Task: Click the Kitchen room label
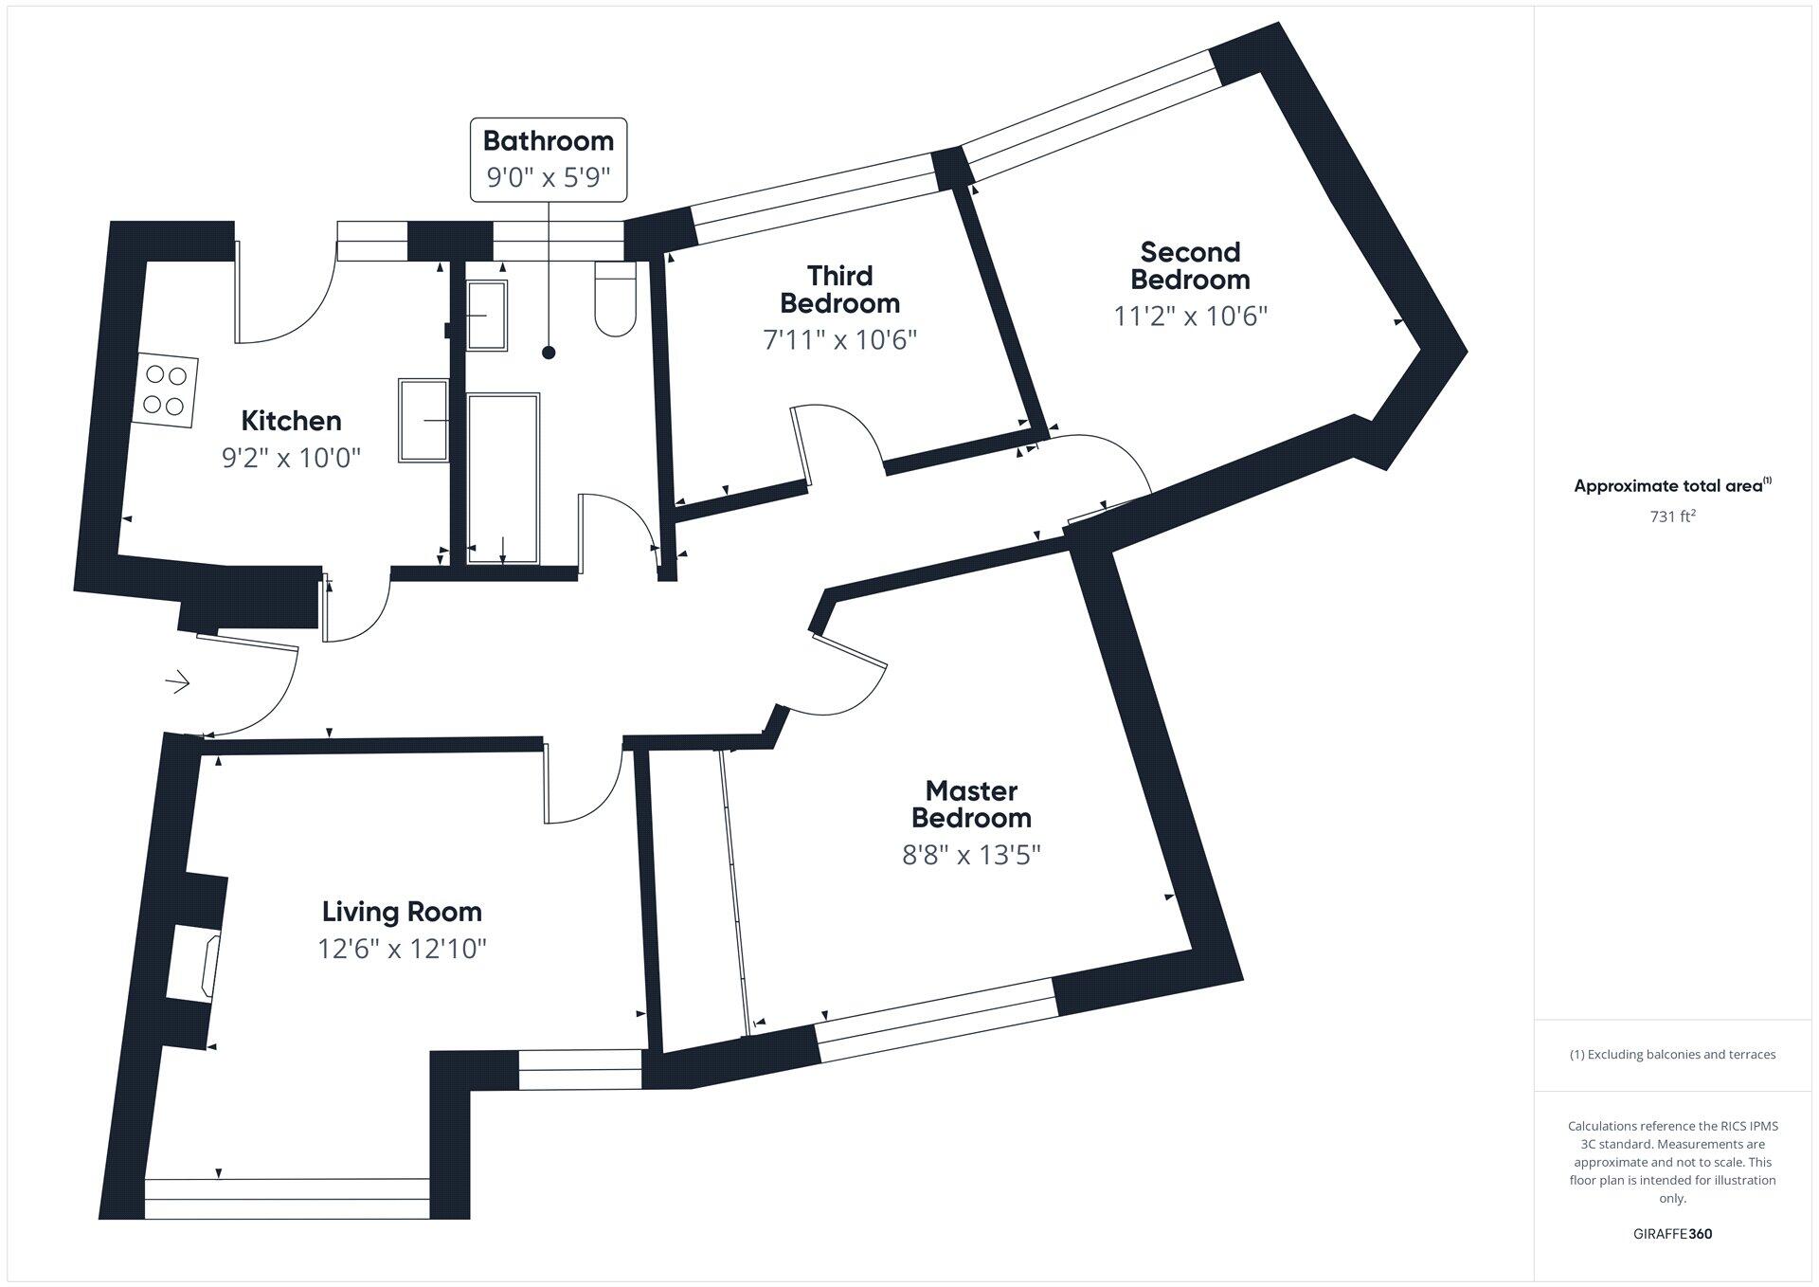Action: coord(291,421)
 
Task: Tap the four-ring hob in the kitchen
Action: coord(165,390)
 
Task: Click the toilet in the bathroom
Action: coord(616,299)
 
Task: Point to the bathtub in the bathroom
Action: coord(503,479)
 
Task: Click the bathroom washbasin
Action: coord(487,316)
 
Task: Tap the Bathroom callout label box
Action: coord(549,159)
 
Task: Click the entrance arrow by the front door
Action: coord(178,682)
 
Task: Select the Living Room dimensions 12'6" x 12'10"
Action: coord(402,949)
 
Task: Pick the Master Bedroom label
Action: coord(971,804)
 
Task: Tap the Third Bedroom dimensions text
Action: coord(840,339)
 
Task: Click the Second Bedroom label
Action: coord(1190,265)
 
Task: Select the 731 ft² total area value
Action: coord(1672,517)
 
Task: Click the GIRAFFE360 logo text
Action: coord(1672,1234)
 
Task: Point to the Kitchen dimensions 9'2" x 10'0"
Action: coord(291,459)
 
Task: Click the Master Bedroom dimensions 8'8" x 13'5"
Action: coord(971,855)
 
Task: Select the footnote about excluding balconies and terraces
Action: coord(1672,1054)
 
